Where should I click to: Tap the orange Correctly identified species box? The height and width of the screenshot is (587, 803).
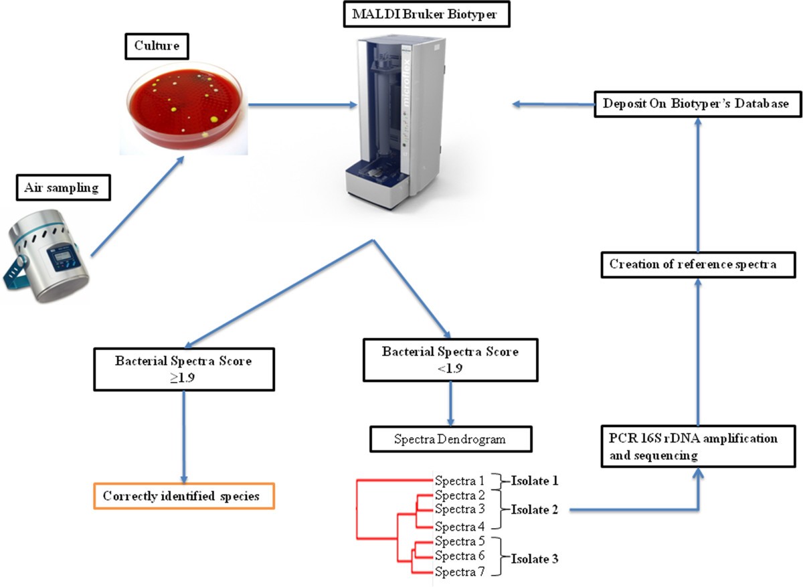(182, 497)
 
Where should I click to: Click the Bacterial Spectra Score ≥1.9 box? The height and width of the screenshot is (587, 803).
(183, 368)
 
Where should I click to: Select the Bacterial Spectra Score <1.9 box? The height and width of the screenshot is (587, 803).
(450, 359)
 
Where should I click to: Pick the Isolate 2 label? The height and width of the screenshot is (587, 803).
(535, 510)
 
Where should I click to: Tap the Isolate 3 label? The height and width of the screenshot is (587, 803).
(535, 557)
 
